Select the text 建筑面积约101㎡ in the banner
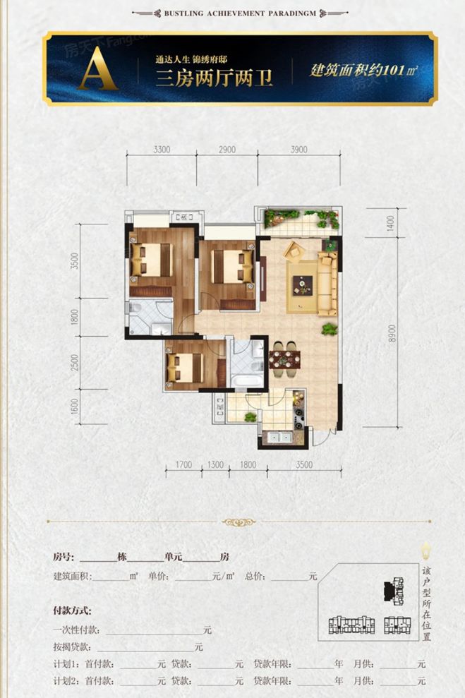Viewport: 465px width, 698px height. pyautogui.click(x=363, y=71)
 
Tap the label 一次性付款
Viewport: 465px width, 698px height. pyautogui.click(x=77, y=630)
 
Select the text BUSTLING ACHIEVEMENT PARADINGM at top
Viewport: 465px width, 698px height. pyautogui.click(x=232, y=13)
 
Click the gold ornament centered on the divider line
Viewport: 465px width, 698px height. pyautogui.click(x=238, y=523)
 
